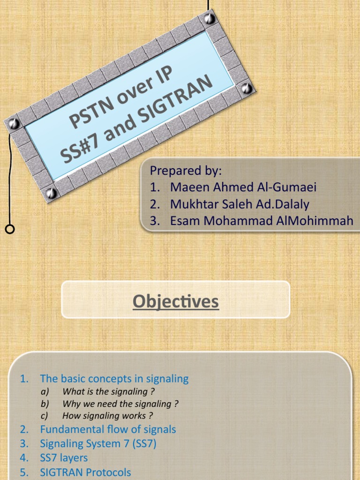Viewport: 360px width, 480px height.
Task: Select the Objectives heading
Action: [176, 301]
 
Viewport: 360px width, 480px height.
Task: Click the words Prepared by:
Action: [186, 170]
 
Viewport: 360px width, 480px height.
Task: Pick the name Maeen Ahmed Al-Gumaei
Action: [243, 187]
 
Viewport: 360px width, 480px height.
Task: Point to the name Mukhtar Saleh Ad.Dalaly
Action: [240, 204]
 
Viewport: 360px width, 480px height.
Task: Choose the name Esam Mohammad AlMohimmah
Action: [262, 221]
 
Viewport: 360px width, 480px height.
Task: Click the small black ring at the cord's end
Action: [9, 229]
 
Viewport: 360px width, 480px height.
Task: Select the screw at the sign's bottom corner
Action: [51, 193]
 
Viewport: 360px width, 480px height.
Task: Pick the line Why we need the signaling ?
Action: [120, 404]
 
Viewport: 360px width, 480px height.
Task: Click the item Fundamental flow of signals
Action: [108, 429]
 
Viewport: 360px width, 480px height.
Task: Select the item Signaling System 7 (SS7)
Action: [98, 443]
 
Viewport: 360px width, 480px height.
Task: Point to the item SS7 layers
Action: [64, 457]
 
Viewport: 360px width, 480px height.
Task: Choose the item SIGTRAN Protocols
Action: [85, 472]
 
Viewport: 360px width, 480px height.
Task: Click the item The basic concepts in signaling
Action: [114, 378]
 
